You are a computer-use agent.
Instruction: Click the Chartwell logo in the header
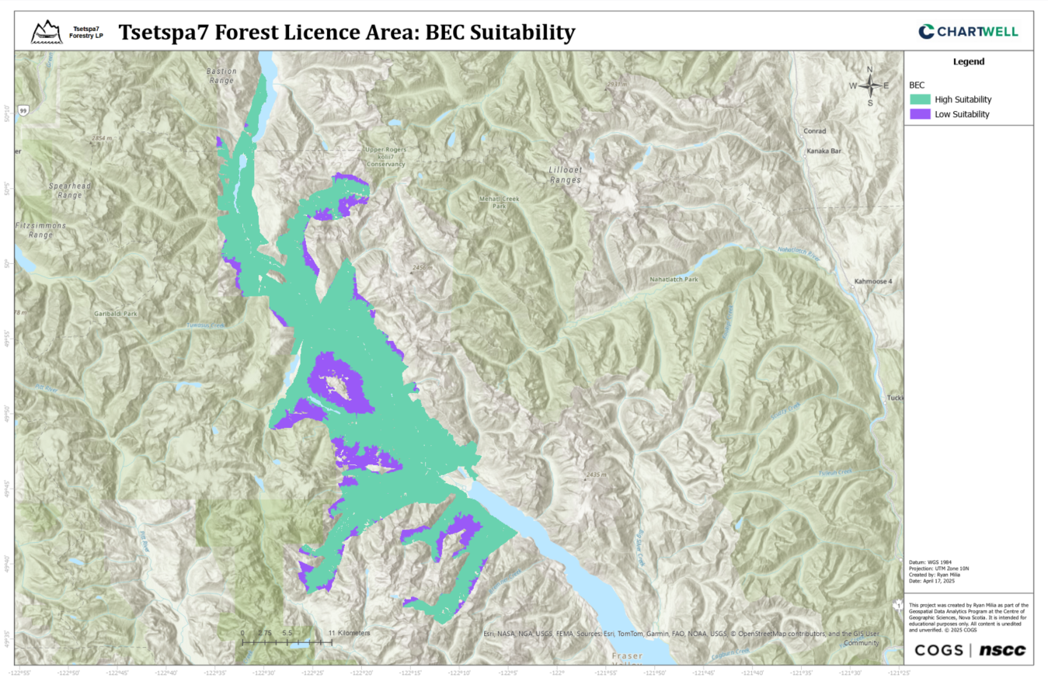pyautogui.click(x=967, y=31)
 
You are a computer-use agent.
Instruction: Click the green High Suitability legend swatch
pyautogui.click(x=920, y=99)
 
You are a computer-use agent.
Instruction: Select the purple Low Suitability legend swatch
pyautogui.click(x=920, y=114)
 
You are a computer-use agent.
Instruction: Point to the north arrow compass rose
pyautogui.click(x=870, y=85)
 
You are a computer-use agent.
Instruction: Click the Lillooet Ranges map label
pyautogui.click(x=564, y=174)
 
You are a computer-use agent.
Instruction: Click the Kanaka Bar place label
pyautogui.click(x=824, y=151)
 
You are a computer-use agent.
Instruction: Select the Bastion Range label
pyautogui.click(x=221, y=75)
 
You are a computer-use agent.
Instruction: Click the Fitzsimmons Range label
pyautogui.click(x=40, y=229)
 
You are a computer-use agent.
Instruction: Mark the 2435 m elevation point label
pyautogui.click(x=597, y=474)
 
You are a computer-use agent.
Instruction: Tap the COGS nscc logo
pyautogui.click(x=970, y=650)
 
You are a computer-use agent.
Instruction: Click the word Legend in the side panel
pyautogui.click(x=969, y=61)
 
